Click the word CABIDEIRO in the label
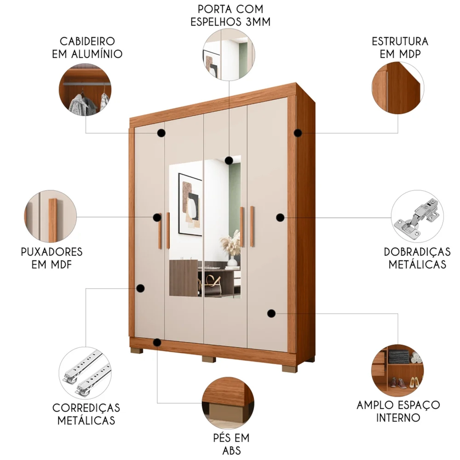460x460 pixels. pos(87,41)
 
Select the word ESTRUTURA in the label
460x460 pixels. pos(400,41)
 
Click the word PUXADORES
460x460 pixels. pos(52,252)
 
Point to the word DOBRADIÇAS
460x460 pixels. pos(417,252)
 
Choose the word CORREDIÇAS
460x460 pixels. pos(86,408)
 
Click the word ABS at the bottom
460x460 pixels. pos(232,450)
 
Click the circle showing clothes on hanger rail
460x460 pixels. pos(85,90)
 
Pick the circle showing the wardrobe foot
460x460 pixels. pos(228,403)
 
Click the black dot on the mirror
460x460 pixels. pos(229,160)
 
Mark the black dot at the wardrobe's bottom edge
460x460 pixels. pos(157,343)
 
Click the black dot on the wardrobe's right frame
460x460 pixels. pos(298,133)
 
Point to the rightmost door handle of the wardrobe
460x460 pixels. pos(252,227)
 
